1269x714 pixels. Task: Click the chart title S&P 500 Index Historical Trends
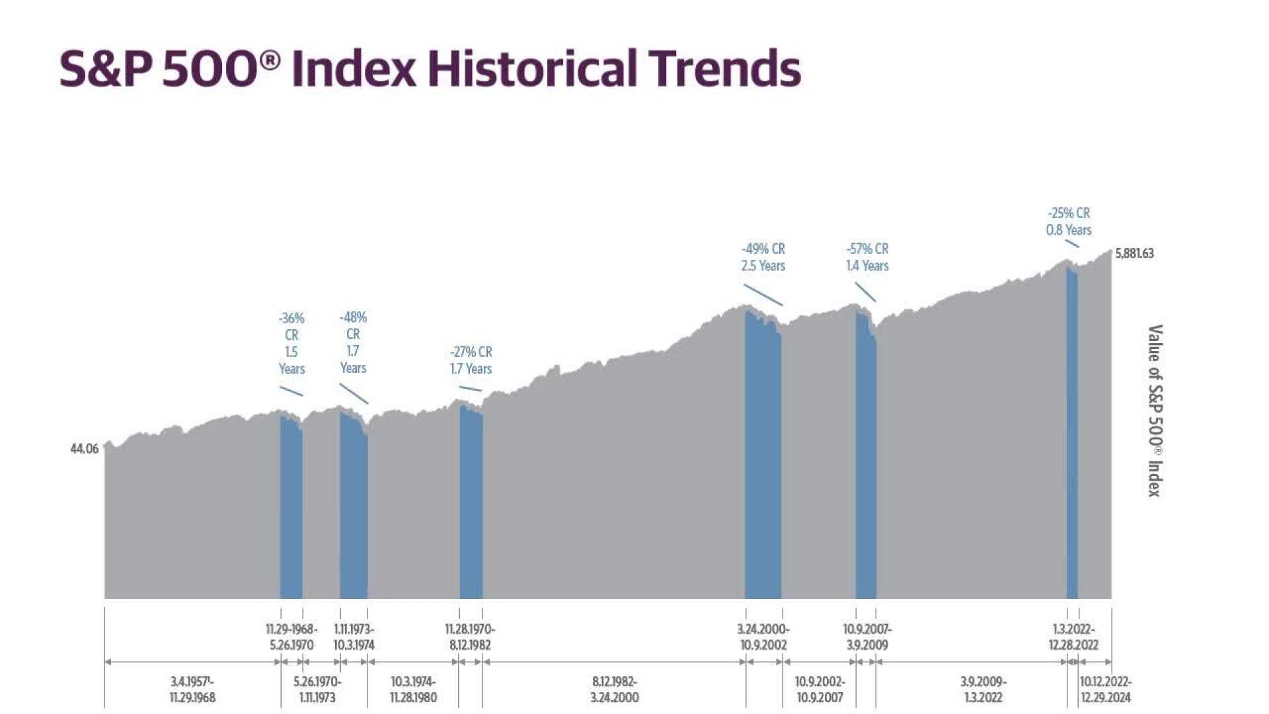tap(430, 68)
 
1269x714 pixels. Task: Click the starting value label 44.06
tap(84, 449)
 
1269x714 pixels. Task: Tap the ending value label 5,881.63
tap(1134, 254)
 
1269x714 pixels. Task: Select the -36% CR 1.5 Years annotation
tap(291, 344)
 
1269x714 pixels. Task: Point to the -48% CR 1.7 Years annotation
tap(353, 342)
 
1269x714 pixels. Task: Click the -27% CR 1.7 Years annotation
tap(471, 360)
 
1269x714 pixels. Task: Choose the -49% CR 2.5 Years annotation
tap(763, 257)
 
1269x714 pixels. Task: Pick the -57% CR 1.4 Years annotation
tap(867, 257)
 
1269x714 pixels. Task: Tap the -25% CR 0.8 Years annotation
tap(1068, 221)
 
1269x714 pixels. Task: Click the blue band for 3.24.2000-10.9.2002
tap(763, 463)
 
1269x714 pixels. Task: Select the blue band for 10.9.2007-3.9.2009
tap(865, 463)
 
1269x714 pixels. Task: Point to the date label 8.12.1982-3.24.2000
tap(614, 690)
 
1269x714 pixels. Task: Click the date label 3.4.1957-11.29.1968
tap(192, 690)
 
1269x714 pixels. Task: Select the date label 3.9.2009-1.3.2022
tap(983, 690)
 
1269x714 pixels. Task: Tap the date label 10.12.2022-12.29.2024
tap(1105, 690)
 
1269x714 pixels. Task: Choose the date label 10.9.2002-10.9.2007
tap(819, 690)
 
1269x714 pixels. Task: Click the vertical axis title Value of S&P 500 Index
tap(1154, 411)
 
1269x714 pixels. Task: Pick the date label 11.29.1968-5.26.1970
tap(291, 637)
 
